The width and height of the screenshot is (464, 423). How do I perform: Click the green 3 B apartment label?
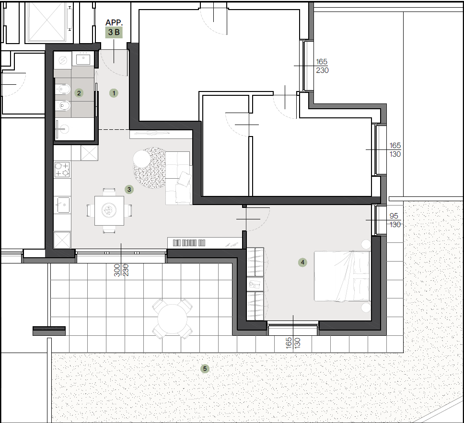(114, 32)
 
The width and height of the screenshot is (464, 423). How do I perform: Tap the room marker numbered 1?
(114, 93)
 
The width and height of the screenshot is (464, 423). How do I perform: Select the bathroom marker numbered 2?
(79, 93)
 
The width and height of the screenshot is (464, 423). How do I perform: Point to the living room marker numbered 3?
(129, 189)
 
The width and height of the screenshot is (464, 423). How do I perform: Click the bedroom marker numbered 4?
(302, 262)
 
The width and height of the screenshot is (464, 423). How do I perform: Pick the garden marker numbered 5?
(205, 368)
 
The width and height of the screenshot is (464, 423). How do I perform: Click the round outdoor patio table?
(172, 319)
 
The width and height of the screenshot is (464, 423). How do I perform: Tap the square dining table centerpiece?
(109, 210)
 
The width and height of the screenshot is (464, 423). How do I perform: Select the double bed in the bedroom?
(342, 276)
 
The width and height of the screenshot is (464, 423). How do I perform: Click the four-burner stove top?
(62, 170)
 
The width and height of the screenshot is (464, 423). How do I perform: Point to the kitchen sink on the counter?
(62, 205)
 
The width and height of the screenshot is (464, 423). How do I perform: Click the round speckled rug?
(150, 168)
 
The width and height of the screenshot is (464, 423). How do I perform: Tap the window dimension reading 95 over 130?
(394, 220)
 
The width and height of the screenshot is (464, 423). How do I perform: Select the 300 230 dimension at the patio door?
(121, 270)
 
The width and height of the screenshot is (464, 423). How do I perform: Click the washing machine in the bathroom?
(62, 60)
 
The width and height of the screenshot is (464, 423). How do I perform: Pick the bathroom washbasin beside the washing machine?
(83, 58)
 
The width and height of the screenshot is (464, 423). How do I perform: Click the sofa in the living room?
(177, 178)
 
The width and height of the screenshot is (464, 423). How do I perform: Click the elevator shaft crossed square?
(47, 21)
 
